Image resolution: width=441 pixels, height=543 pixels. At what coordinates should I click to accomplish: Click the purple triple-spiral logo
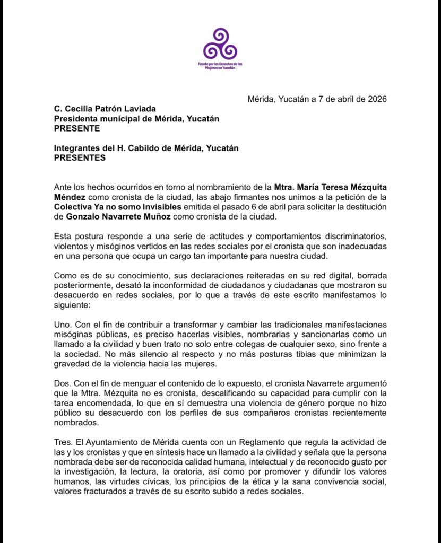tap(220, 44)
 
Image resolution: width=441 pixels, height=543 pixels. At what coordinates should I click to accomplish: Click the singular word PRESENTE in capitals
tap(76, 128)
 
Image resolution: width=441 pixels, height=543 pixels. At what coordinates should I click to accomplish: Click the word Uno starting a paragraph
tap(62, 324)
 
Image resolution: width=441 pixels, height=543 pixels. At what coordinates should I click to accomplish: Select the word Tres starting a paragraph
tap(63, 442)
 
